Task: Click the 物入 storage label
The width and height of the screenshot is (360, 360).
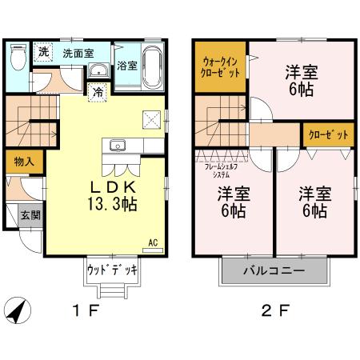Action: pyautogui.click(x=24, y=161)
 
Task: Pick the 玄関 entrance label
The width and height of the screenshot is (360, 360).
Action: pyautogui.click(x=30, y=214)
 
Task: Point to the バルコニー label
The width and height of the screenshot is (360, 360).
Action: pyautogui.click(x=274, y=270)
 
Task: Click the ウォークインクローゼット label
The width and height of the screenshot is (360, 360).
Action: pyautogui.click(x=220, y=65)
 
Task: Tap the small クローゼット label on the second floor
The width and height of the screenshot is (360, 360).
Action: pyautogui.click(x=328, y=134)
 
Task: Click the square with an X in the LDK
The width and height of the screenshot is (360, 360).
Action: pyautogui.click(x=152, y=118)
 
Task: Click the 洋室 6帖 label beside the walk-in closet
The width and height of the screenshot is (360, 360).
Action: pyautogui.click(x=301, y=80)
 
